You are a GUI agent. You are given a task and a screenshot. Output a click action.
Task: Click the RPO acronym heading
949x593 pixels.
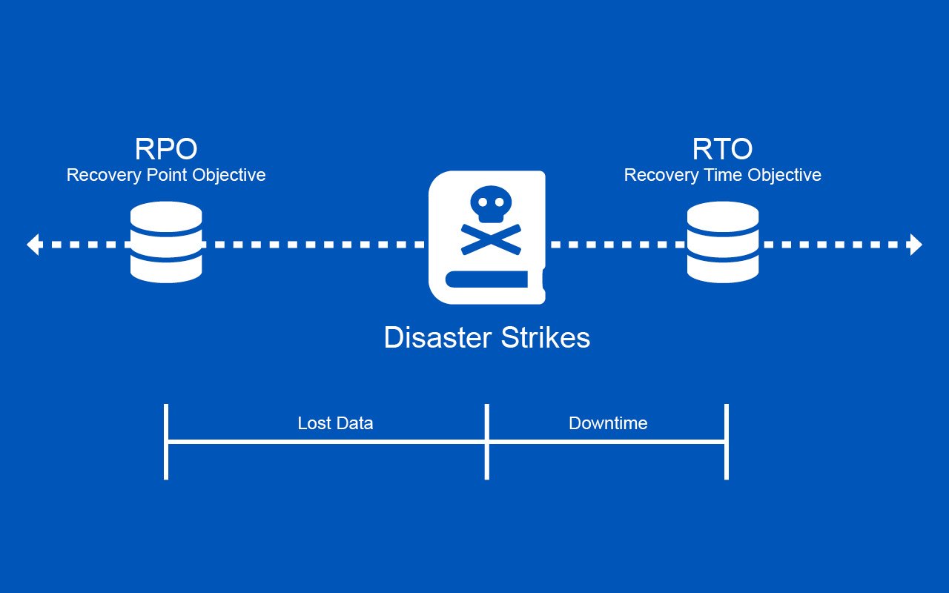pos(166,149)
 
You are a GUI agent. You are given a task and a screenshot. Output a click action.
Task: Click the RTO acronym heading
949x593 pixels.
pos(722,149)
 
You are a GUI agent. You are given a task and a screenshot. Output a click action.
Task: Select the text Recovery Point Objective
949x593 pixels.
pos(166,175)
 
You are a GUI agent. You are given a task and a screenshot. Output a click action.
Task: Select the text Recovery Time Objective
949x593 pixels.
pos(722,175)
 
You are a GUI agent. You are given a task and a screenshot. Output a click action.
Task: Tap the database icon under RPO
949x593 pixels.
pos(166,242)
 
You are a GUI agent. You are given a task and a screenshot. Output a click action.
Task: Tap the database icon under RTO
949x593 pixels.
pos(722,242)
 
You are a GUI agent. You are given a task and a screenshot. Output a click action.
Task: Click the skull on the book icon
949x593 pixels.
pos(489,205)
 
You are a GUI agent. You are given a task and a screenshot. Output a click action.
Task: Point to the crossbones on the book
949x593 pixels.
pos(489,239)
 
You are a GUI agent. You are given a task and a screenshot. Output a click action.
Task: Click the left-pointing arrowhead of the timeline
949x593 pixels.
pos(33,244)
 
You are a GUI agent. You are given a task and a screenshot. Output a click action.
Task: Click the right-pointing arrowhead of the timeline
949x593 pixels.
pos(916,244)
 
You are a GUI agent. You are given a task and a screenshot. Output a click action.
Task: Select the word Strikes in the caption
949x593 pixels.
pos(546,338)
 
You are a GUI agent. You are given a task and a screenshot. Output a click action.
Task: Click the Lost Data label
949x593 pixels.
pos(335,423)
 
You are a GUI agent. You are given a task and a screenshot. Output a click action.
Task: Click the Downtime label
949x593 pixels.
pos(608,423)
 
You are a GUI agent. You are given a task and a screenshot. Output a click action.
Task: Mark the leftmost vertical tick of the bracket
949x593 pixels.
pos(166,442)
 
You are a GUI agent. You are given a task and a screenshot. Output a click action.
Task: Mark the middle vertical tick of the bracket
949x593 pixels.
pos(487,442)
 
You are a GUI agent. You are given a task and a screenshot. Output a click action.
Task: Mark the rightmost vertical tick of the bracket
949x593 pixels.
pos(727,442)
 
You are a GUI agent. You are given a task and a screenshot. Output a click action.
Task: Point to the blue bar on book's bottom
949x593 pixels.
pos(486,279)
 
